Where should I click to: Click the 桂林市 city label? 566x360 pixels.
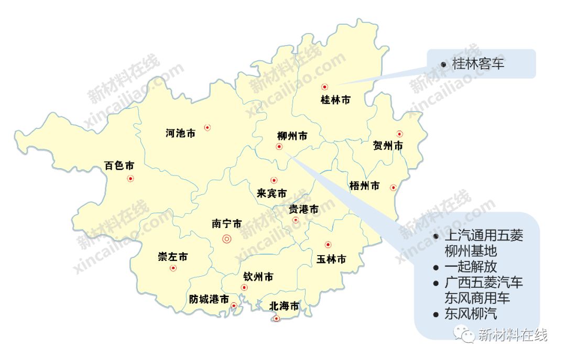[335, 100]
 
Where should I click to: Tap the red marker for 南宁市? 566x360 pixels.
[227, 239]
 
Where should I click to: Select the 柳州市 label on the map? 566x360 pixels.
[292, 136]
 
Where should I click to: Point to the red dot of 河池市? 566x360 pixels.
[208, 127]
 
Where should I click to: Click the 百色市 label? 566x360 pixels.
[119, 166]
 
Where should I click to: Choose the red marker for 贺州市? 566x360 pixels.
[400, 134]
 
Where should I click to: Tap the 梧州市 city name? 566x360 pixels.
[364, 186]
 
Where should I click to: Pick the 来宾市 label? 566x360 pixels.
[272, 193]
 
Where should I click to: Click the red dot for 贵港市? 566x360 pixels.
[296, 220]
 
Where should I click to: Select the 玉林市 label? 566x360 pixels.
[331, 259]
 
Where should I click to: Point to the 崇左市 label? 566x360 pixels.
[172, 257]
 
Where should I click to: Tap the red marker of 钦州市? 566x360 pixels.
[244, 287]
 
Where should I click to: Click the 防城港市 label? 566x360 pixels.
[209, 299]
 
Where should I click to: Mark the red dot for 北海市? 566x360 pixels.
[277, 318]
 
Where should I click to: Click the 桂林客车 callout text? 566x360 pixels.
[478, 65]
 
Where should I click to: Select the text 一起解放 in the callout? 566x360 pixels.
[471, 266]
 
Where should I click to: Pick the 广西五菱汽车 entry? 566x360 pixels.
[483, 282]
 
